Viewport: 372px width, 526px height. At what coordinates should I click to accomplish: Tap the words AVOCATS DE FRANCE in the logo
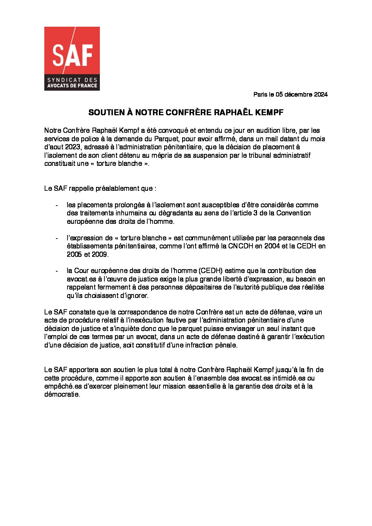(72, 85)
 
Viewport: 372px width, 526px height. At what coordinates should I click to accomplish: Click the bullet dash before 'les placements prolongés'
(57, 205)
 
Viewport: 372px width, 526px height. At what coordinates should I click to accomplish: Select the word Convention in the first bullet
(294, 213)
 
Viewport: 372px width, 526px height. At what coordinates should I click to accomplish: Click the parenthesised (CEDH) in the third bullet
(210, 271)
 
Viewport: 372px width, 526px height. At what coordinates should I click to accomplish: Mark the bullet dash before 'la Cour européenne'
(57, 271)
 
